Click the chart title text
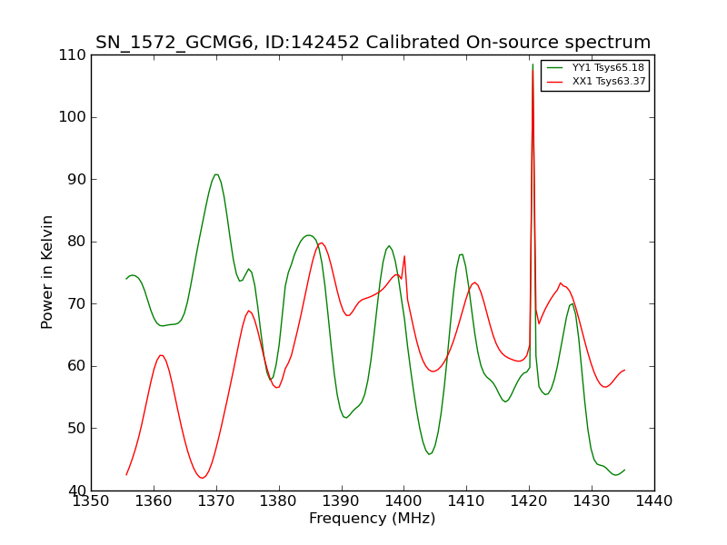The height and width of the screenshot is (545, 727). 373,43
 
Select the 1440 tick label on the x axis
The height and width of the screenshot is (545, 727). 654,502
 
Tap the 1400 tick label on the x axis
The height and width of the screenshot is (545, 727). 403,502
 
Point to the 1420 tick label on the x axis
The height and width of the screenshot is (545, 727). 529,502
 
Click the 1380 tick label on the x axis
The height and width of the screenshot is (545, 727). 279,502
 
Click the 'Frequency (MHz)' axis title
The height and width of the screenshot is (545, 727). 373,519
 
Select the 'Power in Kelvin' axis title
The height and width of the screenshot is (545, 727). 48,272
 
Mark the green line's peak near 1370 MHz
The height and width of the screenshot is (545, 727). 216,174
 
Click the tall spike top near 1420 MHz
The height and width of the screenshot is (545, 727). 533,64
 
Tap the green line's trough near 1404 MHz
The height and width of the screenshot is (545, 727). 430,454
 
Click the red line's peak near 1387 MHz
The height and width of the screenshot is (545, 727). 322,243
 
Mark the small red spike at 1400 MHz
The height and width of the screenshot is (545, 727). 404,256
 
